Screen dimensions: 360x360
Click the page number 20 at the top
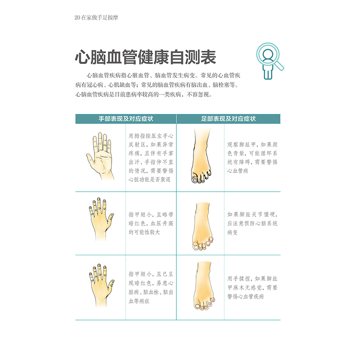tap(77, 18)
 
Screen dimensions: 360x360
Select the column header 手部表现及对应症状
tap(126, 119)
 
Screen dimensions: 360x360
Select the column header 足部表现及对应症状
tap(228, 119)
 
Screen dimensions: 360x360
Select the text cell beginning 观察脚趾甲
tap(252, 157)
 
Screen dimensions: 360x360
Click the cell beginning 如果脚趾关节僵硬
tap(252, 224)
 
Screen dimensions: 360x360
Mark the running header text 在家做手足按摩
tap(100, 18)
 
